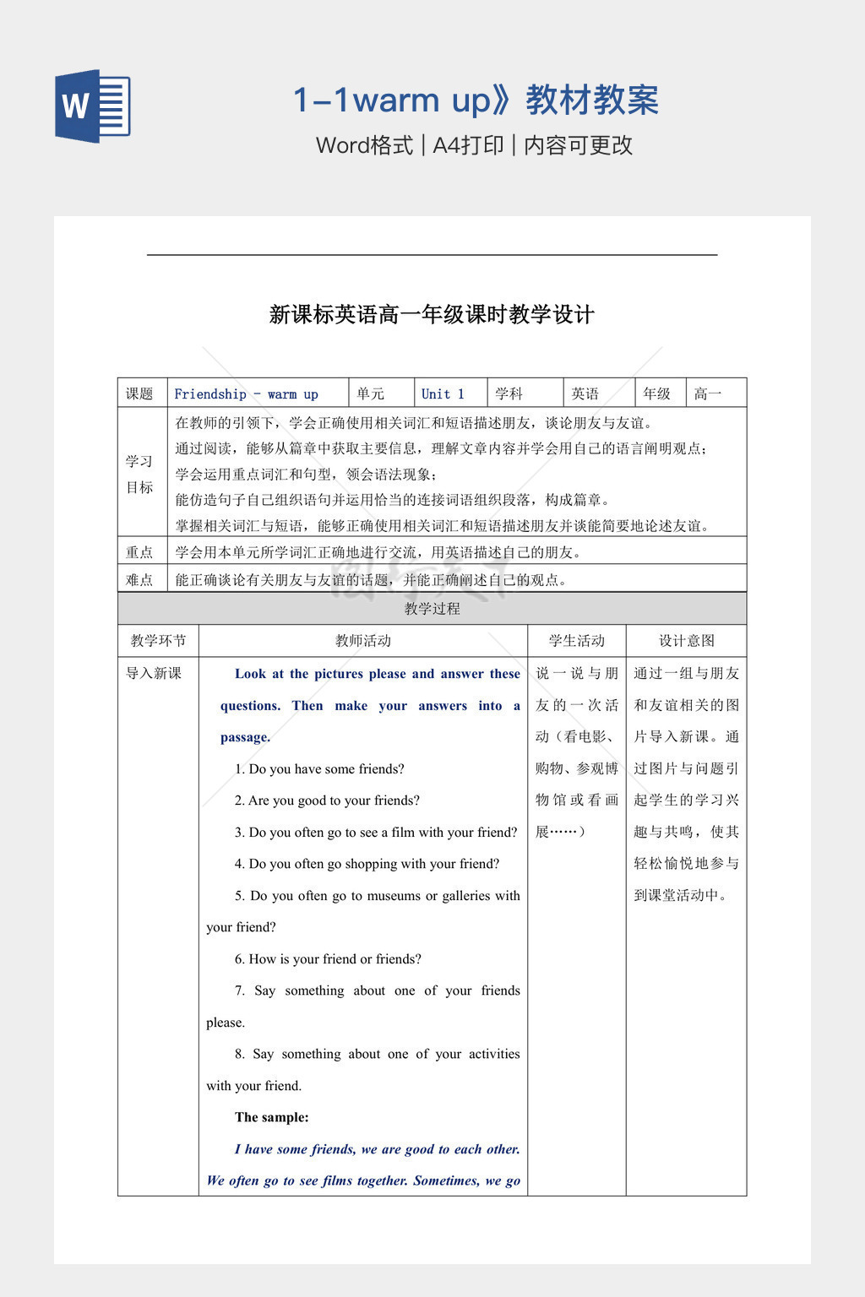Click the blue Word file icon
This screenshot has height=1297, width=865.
pos(93,106)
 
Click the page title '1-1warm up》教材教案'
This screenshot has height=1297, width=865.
pos(476,100)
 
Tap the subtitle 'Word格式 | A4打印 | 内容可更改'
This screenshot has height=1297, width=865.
pos(474,145)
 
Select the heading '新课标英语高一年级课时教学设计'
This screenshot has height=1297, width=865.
pos(432,315)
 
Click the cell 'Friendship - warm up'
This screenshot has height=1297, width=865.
pos(246,394)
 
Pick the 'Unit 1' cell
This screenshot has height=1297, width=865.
pos(443,394)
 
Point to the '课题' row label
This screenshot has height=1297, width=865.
pos(139,394)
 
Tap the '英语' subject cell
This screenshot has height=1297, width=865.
pos(585,394)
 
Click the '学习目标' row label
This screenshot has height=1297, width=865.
pos(139,475)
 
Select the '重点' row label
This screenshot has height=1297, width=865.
pos(139,552)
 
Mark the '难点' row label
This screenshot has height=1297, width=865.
pos(139,580)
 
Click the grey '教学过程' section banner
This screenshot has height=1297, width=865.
pos(432,609)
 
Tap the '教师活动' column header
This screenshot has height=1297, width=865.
pos(362,641)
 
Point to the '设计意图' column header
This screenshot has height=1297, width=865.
pos(686,641)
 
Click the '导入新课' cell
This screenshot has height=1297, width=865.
pos(154,673)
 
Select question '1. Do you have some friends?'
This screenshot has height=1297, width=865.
pos(319,769)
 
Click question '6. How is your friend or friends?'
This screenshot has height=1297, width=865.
pos(328,959)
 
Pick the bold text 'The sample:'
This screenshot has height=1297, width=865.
pos(272,1118)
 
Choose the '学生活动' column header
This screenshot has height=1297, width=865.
pos(576,641)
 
